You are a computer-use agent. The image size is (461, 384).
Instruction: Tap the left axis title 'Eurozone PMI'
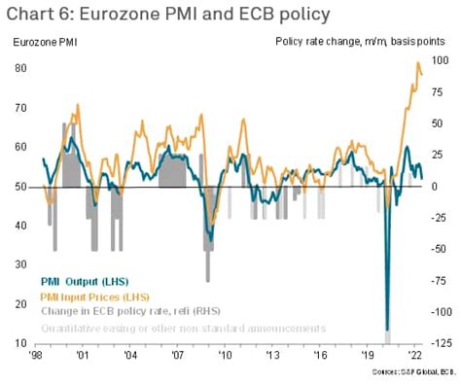tap(46, 42)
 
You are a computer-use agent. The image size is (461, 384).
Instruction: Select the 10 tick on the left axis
tap(20, 344)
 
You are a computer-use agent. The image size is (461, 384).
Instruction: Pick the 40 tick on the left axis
tap(20, 226)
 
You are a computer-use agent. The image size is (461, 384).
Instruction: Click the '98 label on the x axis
tap(36, 357)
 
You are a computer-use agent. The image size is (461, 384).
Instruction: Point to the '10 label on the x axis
tap(225, 357)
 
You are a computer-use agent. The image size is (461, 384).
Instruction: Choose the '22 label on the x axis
tap(414, 357)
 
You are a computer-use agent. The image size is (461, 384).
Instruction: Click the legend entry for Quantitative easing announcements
tap(182, 329)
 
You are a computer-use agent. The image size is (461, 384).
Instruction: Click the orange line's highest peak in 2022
tap(417, 64)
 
